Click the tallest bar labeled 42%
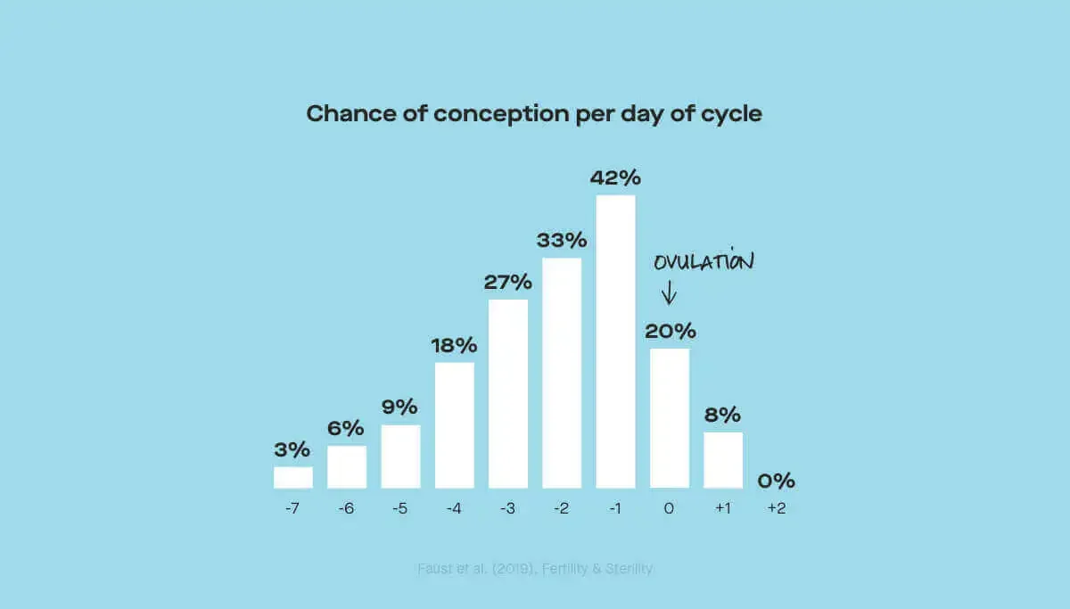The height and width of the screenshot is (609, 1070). pos(615,341)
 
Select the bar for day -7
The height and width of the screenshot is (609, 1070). pos(293,477)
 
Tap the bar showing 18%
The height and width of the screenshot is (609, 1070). pos(455,424)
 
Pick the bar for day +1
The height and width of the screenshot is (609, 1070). pos(723,460)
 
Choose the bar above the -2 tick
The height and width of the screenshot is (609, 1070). pos(562,373)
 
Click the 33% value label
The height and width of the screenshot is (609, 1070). pos(562,240)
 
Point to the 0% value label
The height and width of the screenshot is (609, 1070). pos(776,481)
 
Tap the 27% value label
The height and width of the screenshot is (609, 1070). pos(508,283)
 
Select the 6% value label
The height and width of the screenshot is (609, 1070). pos(347,428)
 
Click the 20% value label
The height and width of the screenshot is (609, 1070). pos(671,332)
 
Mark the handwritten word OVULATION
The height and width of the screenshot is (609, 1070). pos(704,262)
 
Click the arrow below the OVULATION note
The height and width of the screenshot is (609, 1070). pos(669,292)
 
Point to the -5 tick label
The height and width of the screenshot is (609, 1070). pos(400,509)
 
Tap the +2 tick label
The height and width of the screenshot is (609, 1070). pos(776,509)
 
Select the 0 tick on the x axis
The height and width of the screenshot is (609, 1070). pos(669,509)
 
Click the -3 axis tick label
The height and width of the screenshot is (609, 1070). pos(507,509)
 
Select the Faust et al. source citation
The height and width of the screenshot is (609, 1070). pos(535,568)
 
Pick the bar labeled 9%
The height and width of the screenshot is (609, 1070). pos(400,456)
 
